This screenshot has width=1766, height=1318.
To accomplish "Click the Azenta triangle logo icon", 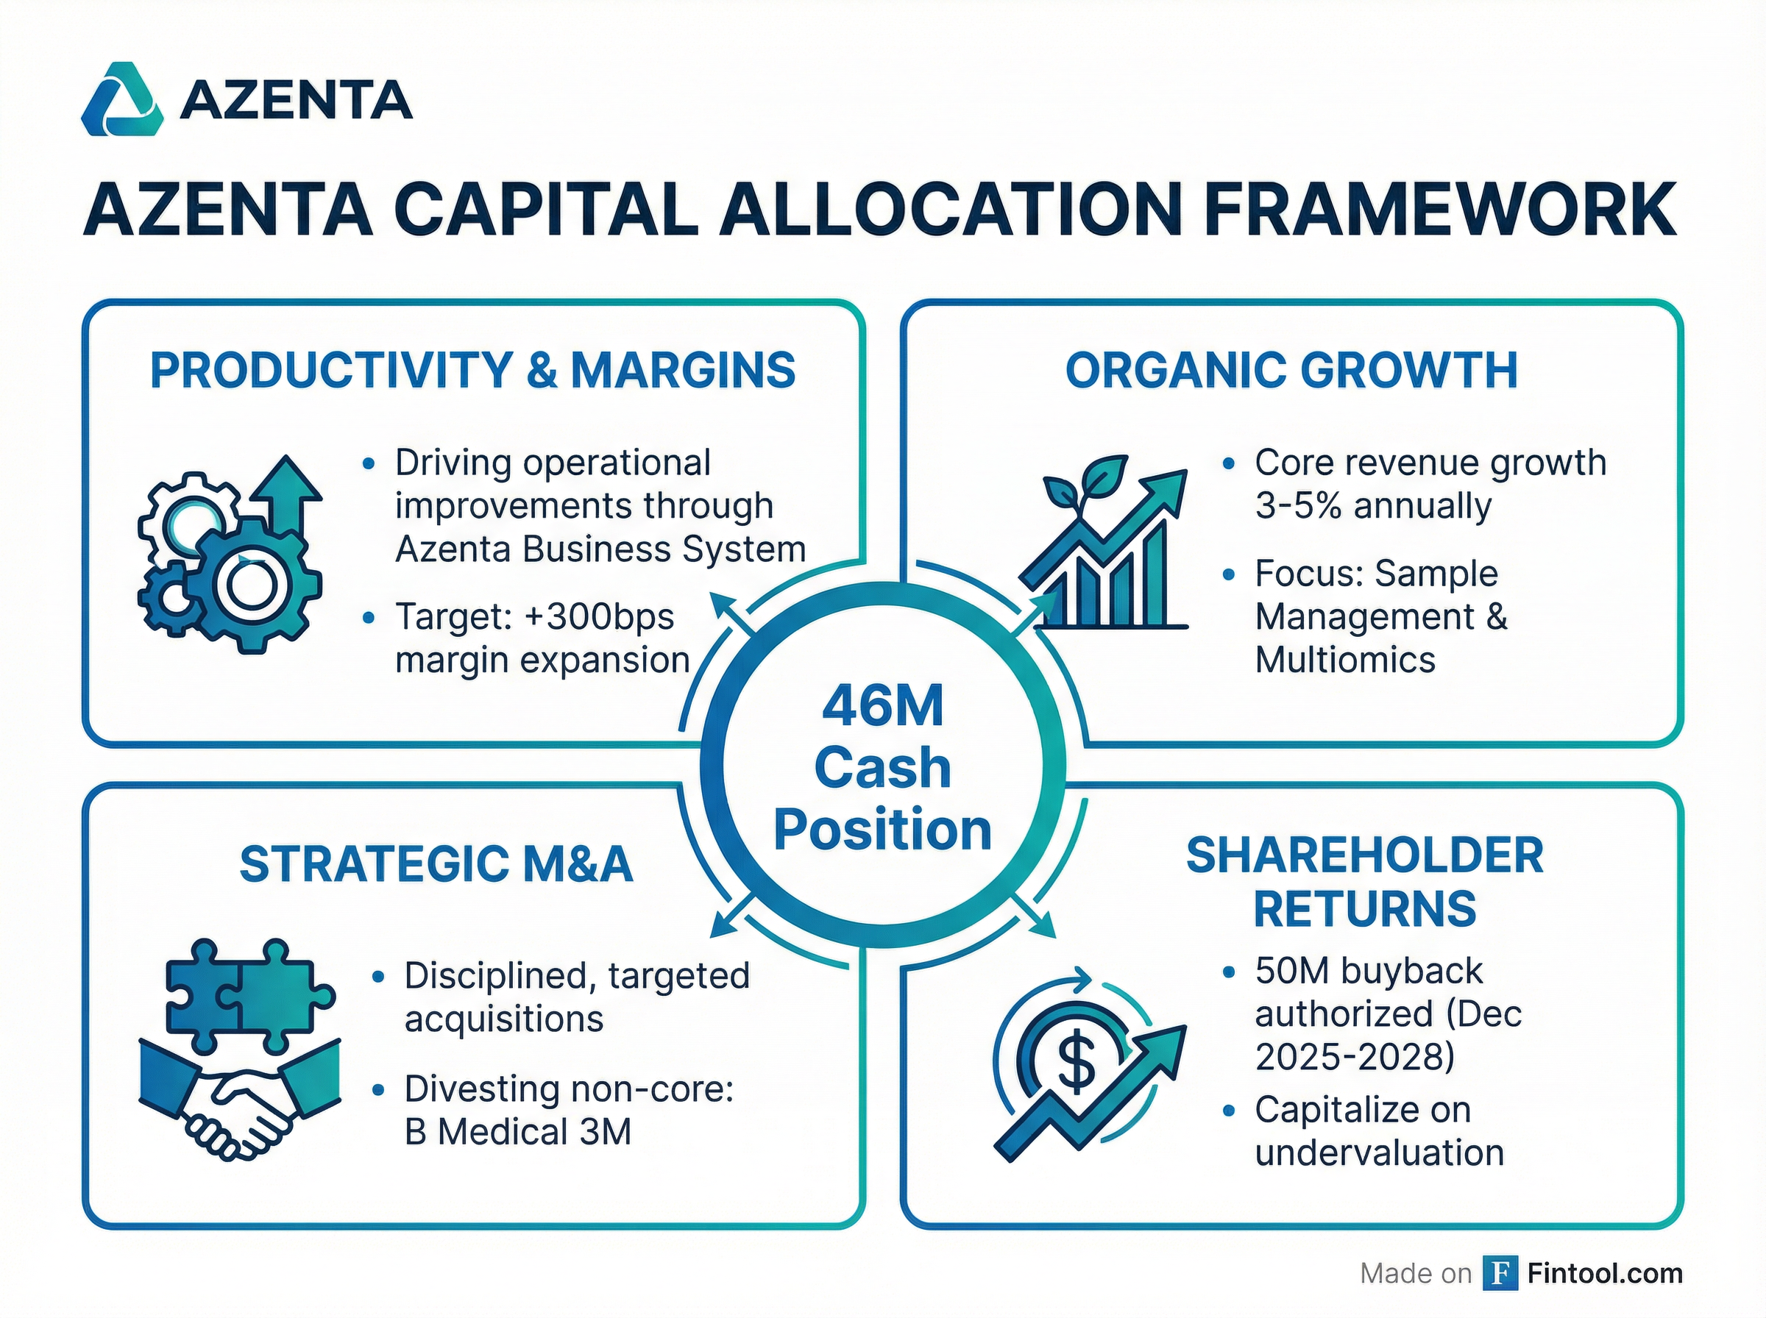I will coord(122,100).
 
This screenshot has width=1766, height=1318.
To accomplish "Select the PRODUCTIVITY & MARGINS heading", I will coord(472,370).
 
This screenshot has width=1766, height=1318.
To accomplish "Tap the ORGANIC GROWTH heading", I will coord(1291,371).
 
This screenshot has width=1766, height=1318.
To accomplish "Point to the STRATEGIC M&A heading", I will coord(436,864).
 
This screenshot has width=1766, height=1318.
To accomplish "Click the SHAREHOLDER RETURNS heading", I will coord(1364,882).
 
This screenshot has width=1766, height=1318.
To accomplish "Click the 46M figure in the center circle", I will coord(882,706).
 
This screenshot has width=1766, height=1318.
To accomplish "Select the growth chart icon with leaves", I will coord(1104,544).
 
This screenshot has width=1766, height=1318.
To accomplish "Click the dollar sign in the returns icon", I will coord(1076,1061).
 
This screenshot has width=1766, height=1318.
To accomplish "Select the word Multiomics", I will coord(1344,660).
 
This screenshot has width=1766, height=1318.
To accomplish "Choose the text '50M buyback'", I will coord(1369,971).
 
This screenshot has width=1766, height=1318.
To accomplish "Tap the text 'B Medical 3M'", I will coord(518,1131).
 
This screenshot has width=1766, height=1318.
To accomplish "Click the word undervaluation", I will coord(1379,1153).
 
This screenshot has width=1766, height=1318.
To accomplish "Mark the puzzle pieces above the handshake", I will coord(249,994).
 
